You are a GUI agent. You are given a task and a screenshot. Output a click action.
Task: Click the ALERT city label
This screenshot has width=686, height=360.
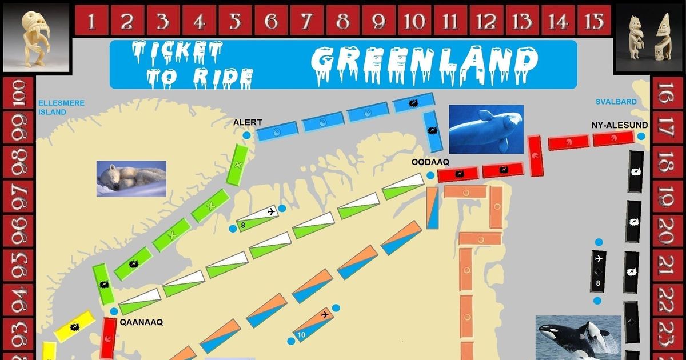[x=248, y=122]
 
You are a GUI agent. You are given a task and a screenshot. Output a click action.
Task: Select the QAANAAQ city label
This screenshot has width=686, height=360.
[x=141, y=322]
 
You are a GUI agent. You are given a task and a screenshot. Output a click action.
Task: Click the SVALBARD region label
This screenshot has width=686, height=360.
[x=616, y=102]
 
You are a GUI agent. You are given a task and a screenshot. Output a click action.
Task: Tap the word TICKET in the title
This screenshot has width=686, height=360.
[x=177, y=53]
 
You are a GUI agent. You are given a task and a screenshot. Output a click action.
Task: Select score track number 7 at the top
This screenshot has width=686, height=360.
[x=307, y=22]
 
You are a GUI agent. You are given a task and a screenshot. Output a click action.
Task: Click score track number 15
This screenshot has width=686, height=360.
[x=594, y=22]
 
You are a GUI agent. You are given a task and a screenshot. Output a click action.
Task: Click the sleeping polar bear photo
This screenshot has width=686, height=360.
[x=131, y=178]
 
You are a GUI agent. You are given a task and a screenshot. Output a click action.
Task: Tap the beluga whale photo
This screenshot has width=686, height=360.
[x=486, y=129]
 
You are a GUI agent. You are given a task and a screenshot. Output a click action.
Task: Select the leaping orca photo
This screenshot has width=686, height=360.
[x=578, y=337]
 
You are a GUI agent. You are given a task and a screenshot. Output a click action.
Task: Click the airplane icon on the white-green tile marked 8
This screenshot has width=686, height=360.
[x=271, y=212]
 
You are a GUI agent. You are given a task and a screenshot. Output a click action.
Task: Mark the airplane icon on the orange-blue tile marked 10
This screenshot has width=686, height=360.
[x=325, y=315]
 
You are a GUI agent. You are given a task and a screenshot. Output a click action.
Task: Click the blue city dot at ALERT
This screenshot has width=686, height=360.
[x=246, y=135]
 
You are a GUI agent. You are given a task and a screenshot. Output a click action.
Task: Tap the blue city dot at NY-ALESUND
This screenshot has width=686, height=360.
[x=641, y=136]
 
